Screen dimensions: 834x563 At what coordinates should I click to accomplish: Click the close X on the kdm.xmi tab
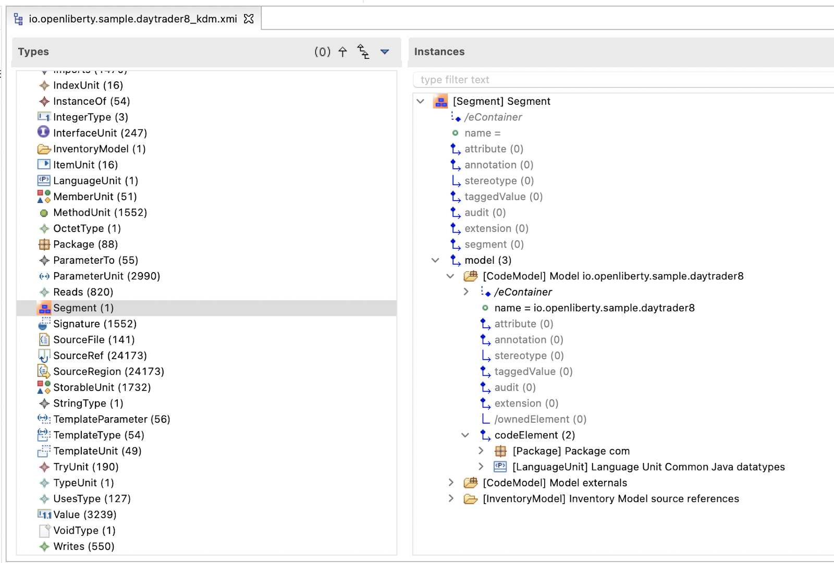249,19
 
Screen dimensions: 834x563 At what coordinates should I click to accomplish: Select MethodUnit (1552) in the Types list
100,213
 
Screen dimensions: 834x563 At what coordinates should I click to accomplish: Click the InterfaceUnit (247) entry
100,133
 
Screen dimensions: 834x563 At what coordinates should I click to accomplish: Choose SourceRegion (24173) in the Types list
109,372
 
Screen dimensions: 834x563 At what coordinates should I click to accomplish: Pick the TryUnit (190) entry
86,467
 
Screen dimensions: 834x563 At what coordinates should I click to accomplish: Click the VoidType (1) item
84,531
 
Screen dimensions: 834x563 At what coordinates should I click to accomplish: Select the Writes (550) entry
84,547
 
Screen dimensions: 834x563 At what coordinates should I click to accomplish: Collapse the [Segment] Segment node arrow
420,101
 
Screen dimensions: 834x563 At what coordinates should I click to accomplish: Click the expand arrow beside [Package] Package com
481,451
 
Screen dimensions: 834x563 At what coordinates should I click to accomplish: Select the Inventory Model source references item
654,499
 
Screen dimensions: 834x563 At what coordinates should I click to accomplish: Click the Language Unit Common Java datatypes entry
688,467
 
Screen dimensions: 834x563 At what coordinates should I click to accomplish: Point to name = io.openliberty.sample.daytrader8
595,308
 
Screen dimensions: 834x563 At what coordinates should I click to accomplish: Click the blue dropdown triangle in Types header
385,52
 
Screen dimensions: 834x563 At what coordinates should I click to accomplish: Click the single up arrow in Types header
342,52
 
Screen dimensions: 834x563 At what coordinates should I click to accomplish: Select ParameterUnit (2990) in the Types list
107,276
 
